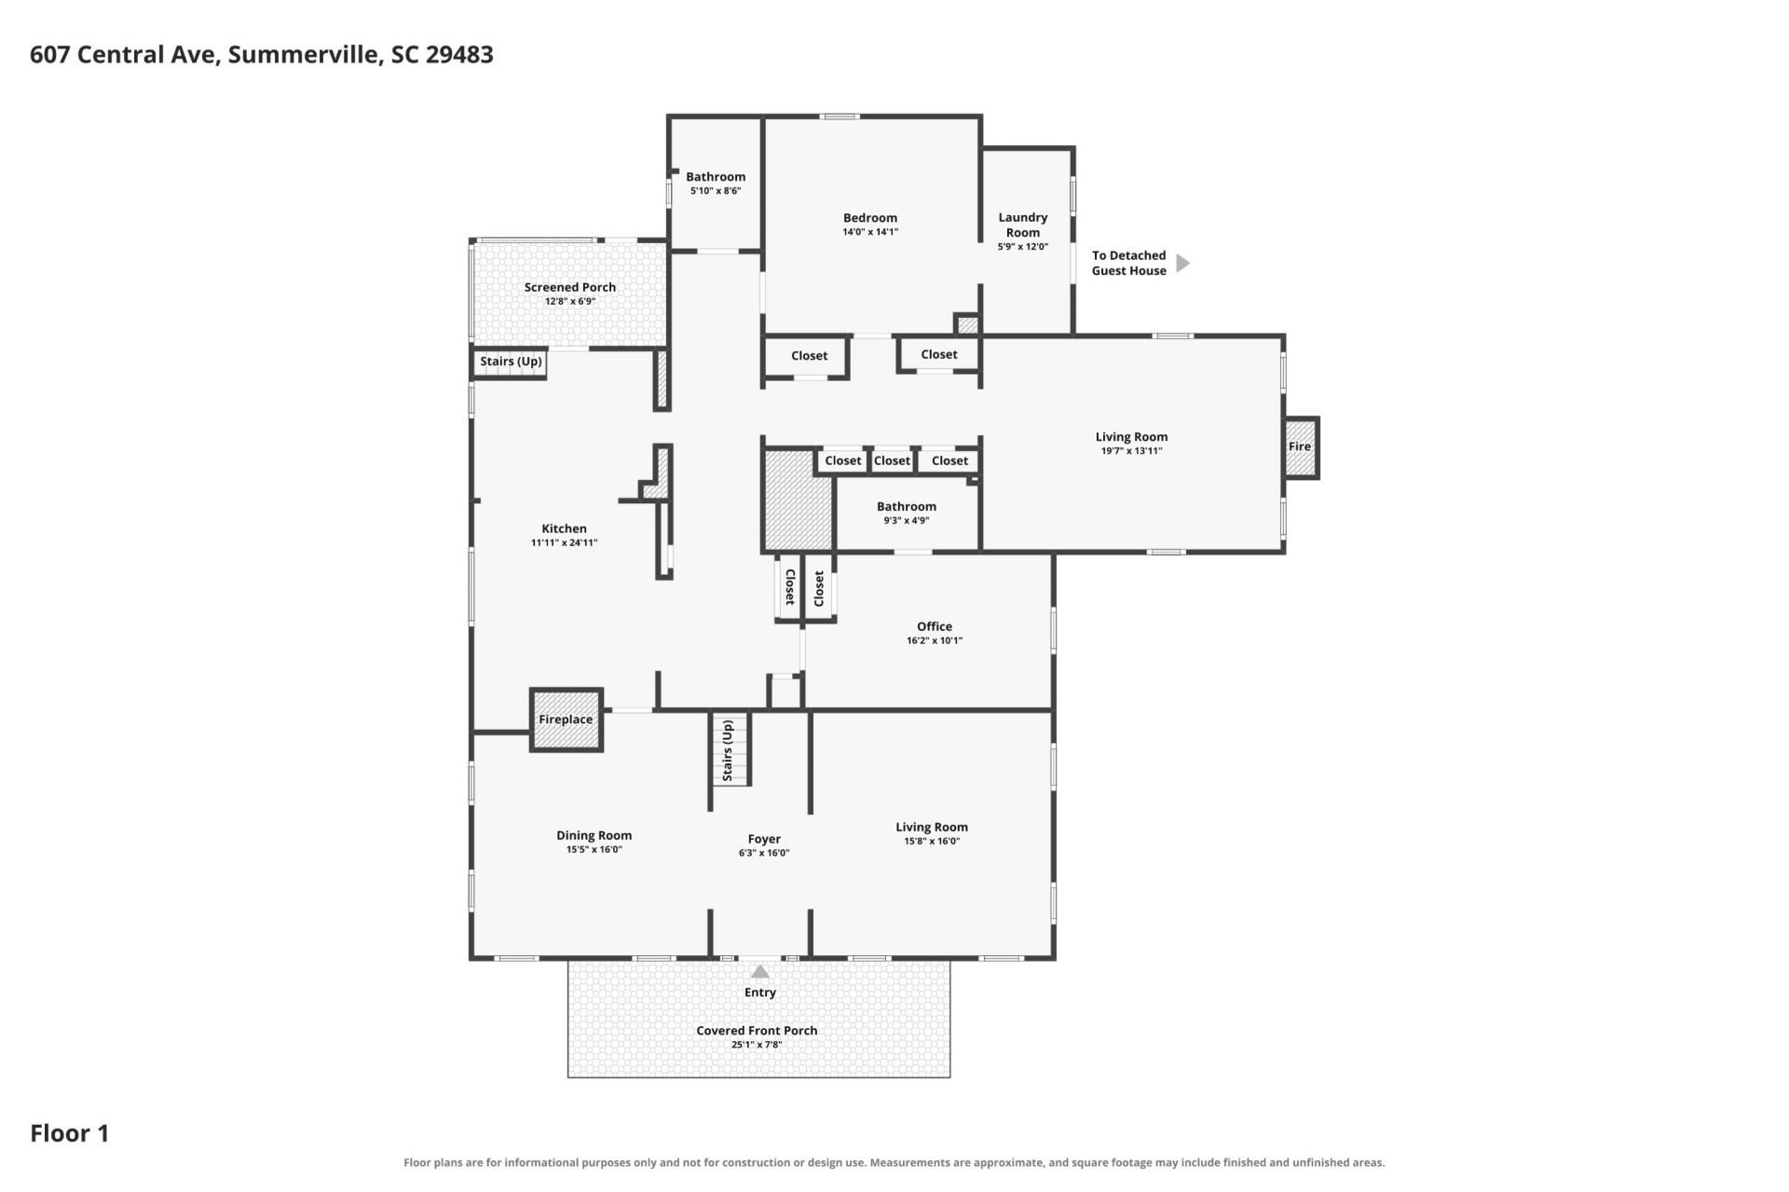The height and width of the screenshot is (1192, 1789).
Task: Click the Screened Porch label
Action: (x=569, y=287)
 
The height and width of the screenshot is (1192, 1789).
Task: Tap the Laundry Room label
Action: (x=1022, y=225)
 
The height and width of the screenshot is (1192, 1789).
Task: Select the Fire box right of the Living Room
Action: (x=1300, y=447)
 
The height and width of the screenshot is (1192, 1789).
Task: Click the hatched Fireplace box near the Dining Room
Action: (x=567, y=719)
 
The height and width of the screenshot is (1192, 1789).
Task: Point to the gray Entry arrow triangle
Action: (x=760, y=971)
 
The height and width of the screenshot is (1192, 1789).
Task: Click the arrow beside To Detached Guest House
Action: (x=1182, y=263)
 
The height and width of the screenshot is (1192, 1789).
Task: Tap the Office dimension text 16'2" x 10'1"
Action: (x=934, y=641)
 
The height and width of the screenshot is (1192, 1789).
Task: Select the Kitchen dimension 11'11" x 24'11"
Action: (x=564, y=542)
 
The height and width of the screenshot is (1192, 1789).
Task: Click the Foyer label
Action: (x=764, y=839)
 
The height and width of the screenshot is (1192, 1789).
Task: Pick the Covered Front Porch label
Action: (x=757, y=1030)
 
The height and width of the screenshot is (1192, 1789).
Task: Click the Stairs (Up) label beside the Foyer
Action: (x=729, y=751)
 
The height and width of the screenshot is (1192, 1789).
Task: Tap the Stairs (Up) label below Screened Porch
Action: (x=511, y=362)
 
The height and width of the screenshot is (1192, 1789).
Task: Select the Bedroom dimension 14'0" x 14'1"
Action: (x=870, y=232)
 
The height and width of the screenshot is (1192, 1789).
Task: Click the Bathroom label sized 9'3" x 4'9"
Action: (x=906, y=506)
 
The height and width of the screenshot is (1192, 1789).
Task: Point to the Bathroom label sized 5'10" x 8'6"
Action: (x=716, y=176)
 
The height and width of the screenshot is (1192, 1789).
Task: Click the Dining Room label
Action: (x=594, y=835)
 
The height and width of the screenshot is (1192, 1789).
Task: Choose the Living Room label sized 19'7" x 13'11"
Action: (x=1131, y=437)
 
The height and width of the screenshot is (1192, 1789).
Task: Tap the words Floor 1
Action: (x=70, y=1133)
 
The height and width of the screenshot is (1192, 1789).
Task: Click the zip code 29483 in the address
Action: (x=459, y=54)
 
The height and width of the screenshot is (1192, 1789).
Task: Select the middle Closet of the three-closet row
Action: (x=892, y=460)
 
